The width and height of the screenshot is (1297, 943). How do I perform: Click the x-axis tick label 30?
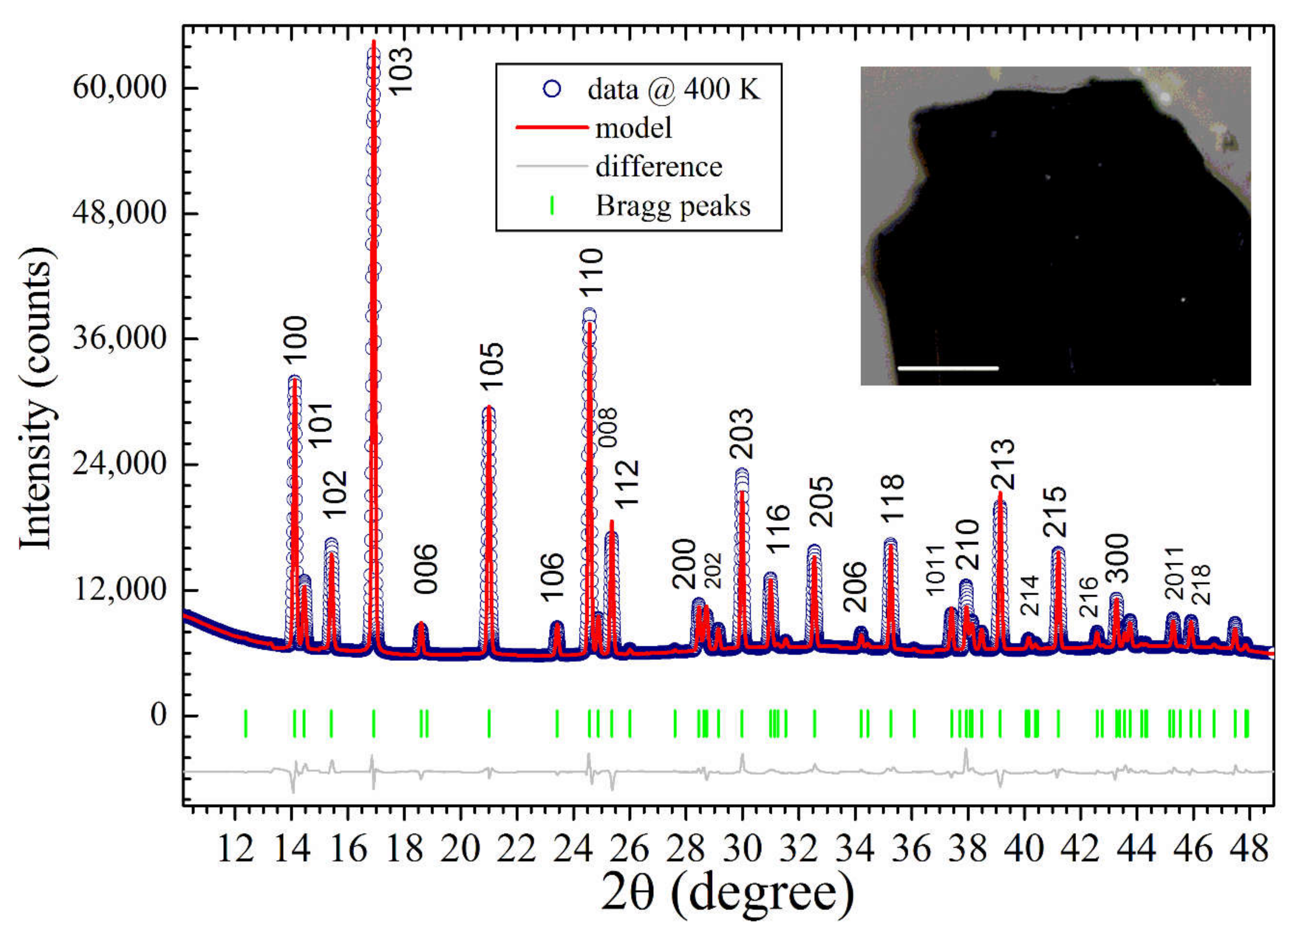742,849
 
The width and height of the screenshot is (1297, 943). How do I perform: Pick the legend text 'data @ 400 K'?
674,90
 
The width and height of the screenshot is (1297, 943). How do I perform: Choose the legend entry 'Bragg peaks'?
672,206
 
